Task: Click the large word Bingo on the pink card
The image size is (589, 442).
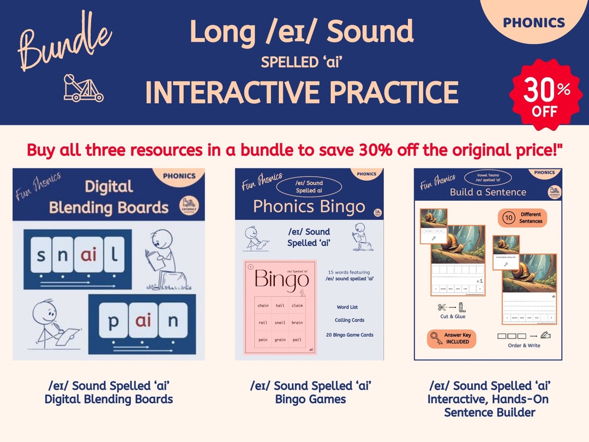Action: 281,281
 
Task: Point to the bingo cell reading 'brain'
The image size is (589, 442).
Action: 297,322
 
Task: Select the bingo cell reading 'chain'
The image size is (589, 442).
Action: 263,306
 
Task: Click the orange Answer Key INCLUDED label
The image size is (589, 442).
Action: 452,338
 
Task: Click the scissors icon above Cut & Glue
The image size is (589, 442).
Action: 442,307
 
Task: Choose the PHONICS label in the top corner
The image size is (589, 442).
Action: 533,23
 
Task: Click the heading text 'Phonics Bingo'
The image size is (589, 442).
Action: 309,207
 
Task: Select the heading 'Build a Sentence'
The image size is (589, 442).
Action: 488,192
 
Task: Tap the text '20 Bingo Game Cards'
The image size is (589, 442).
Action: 350,335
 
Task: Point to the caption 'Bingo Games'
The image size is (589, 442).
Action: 310,399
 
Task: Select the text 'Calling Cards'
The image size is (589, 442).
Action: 350,320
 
